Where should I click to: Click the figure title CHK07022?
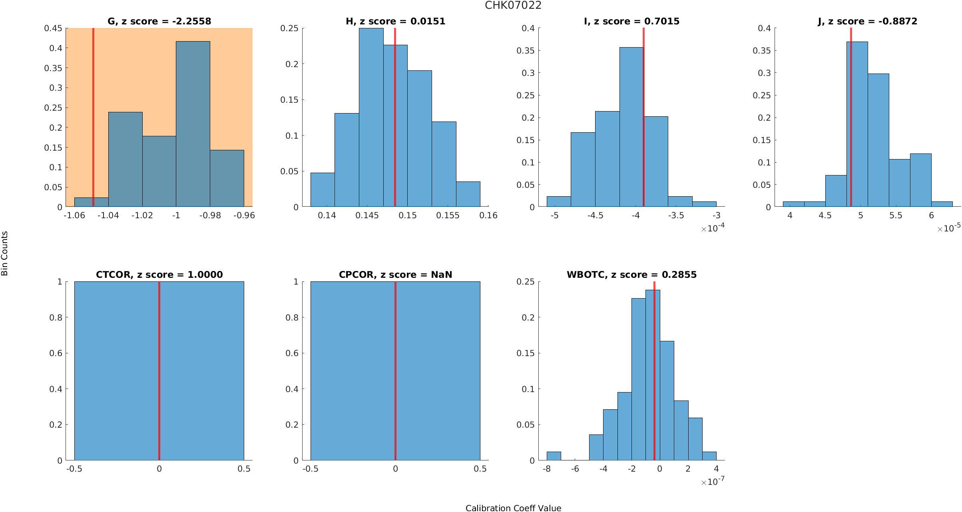[513, 6]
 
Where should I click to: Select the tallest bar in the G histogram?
[193, 124]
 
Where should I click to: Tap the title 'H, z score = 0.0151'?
[395, 21]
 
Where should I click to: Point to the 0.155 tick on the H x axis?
[448, 215]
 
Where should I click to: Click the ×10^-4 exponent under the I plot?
[713, 228]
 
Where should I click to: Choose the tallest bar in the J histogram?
[857, 124]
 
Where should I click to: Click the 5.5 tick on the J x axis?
[896, 215]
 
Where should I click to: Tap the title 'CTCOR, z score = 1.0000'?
[159, 275]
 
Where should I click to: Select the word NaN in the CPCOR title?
[442, 275]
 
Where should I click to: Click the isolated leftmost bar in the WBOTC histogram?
[554, 456]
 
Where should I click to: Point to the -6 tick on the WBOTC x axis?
[575, 469]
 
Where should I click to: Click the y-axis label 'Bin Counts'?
[5, 253]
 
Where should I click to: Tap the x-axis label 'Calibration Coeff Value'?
[513, 508]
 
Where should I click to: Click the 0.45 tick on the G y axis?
[53, 28]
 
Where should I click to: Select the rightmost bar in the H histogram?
[468, 194]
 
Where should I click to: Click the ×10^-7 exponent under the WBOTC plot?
[713, 482]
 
